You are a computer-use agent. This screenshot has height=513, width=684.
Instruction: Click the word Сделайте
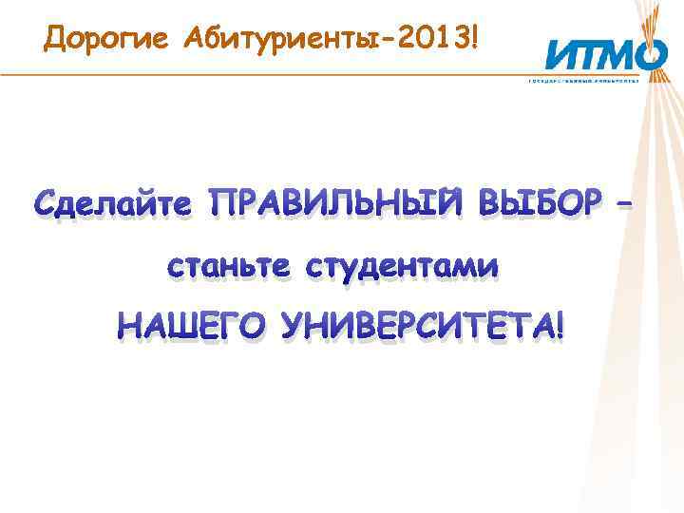[x=115, y=201]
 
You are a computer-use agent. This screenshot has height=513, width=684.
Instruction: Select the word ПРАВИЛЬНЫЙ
[x=338, y=201]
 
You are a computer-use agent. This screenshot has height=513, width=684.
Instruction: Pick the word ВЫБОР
[x=539, y=201]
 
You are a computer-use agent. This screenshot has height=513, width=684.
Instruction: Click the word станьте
[x=229, y=268]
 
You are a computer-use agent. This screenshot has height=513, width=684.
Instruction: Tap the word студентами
[x=401, y=268]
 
